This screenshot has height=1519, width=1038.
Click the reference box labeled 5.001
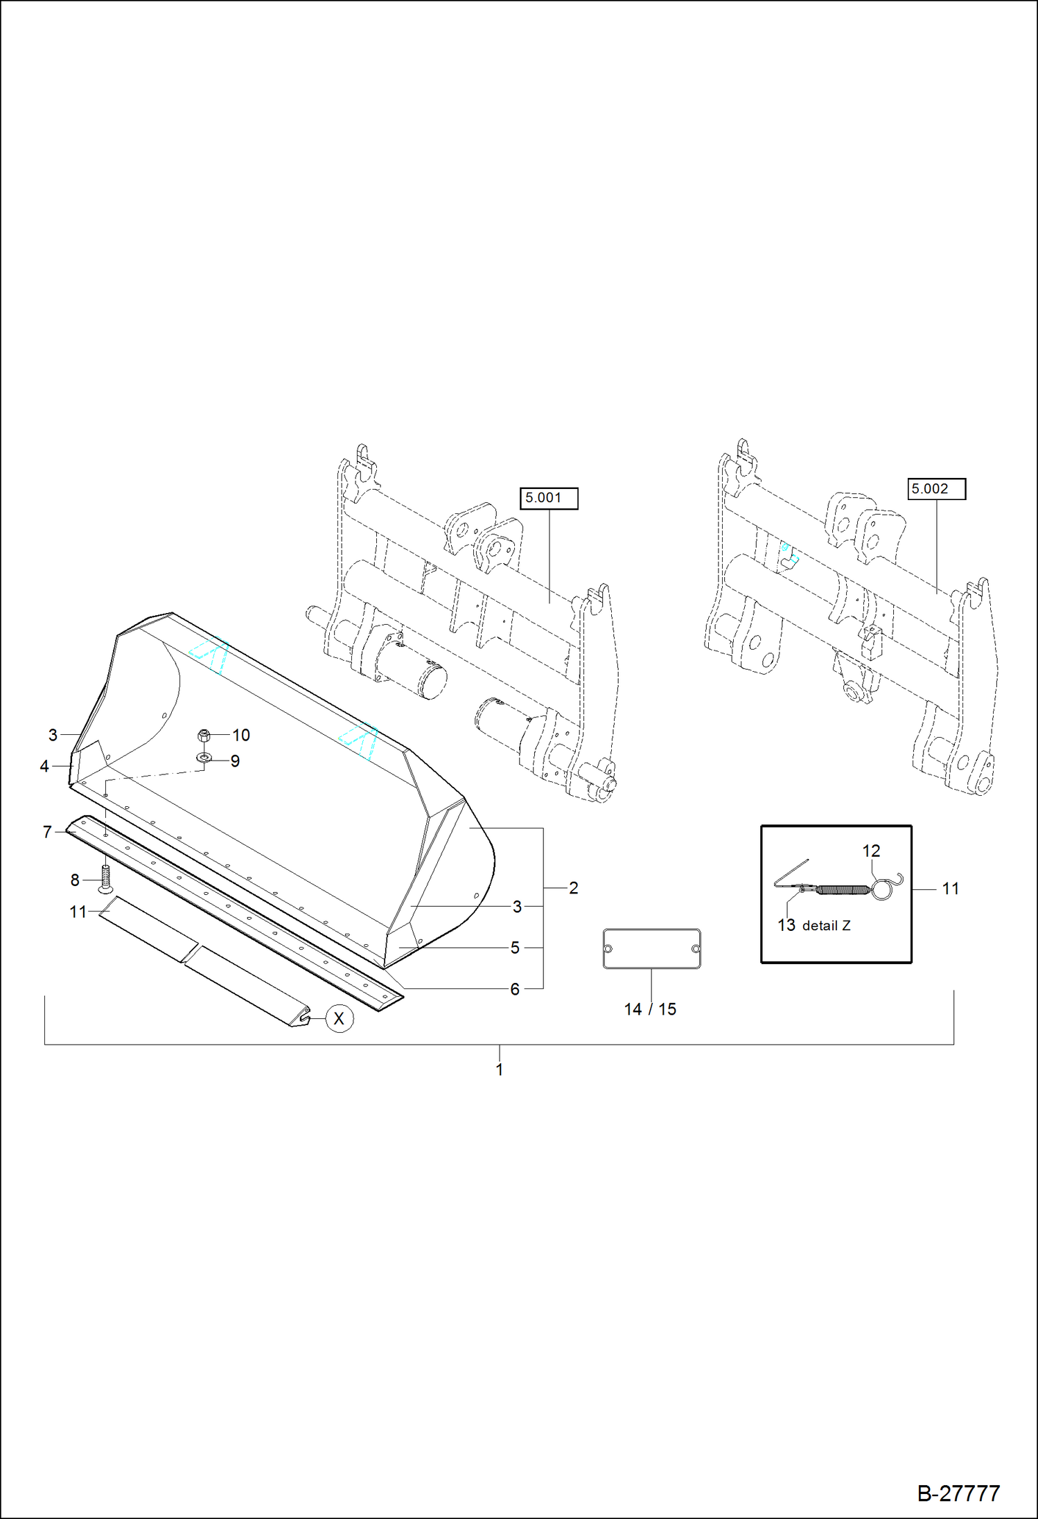tap(548, 498)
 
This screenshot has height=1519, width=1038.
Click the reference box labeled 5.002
tap(935, 489)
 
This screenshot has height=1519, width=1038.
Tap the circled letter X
tap(339, 1019)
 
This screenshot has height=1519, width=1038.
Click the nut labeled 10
tap(204, 736)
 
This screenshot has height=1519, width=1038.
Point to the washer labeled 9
tap(204, 758)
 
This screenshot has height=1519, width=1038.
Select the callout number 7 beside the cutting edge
tap(47, 832)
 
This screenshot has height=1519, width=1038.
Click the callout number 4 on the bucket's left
tap(44, 766)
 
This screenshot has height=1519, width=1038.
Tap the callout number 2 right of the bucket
tap(573, 888)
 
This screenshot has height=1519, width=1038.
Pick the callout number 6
tap(515, 989)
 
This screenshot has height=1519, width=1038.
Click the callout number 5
tap(515, 948)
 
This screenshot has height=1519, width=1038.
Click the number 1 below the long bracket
tap(499, 1069)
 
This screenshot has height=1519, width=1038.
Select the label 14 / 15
tap(649, 1009)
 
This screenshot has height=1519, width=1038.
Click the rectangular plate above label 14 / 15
tap(651, 949)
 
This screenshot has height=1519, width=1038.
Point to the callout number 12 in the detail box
tap(871, 851)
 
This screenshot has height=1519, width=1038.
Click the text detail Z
tap(826, 926)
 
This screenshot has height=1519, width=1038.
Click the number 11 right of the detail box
tap(950, 889)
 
